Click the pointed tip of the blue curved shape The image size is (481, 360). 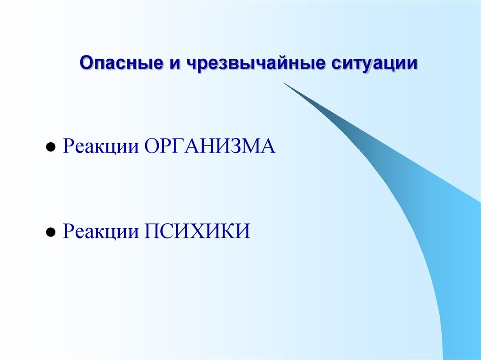[x=284, y=84]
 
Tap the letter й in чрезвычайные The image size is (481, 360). [x=280, y=63]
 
